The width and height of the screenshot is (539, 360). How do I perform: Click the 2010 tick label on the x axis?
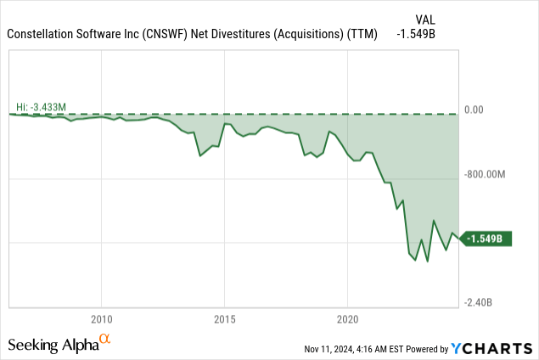(x=101, y=319)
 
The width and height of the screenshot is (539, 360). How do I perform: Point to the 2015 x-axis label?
(x=225, y=319)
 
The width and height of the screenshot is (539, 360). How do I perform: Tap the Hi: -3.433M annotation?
(x=42, y=106)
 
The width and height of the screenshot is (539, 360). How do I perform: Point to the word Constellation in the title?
(x=44, y=34)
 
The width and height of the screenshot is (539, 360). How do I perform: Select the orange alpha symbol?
(x=105, y=340)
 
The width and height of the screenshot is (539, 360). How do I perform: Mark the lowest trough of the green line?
(x=428, y=262)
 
